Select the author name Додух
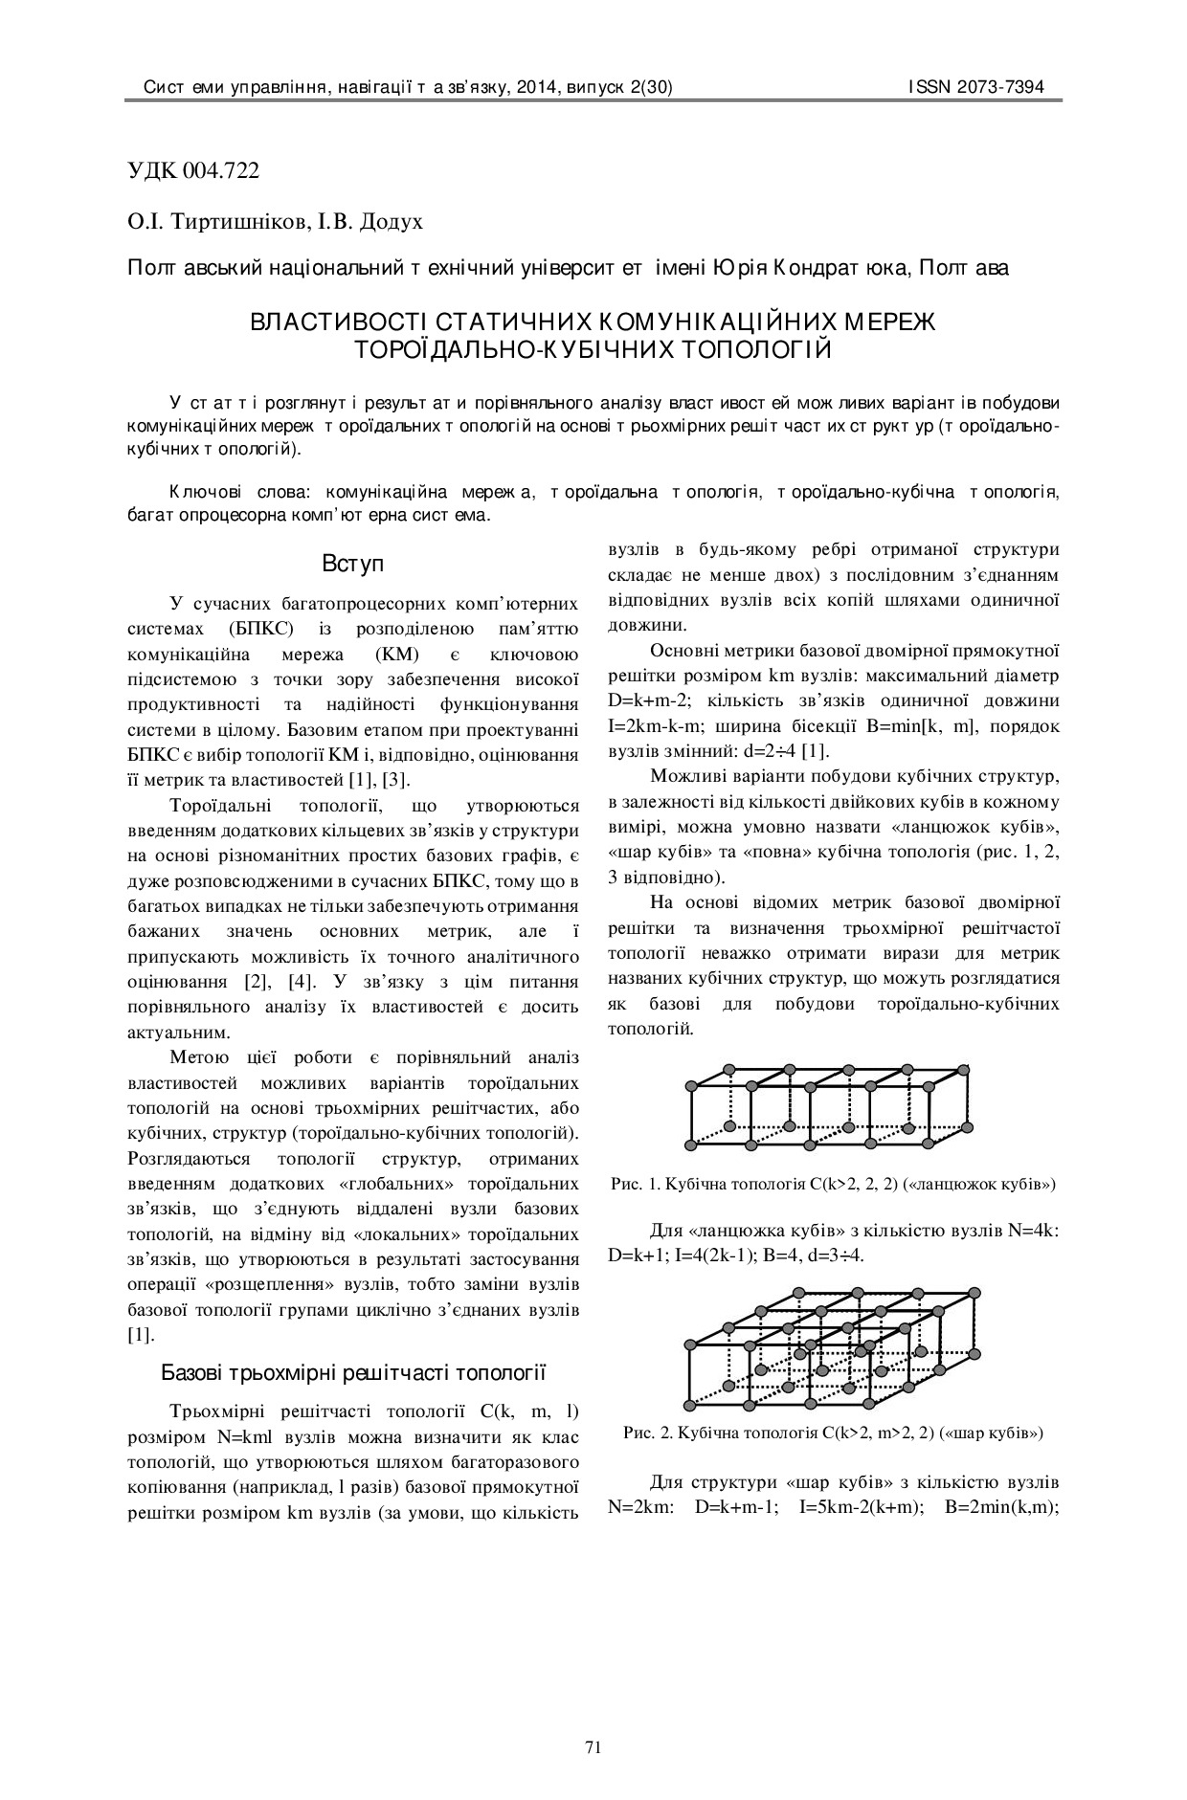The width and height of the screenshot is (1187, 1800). coord(390,222)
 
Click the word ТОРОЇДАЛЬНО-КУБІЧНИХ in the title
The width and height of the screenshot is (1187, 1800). coord(513,349)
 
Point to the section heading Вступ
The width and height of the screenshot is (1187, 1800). coord(353,564)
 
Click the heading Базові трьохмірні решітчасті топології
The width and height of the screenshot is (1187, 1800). coord(353,1373)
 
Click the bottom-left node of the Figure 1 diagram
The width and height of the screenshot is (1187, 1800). coord(691,1144)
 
